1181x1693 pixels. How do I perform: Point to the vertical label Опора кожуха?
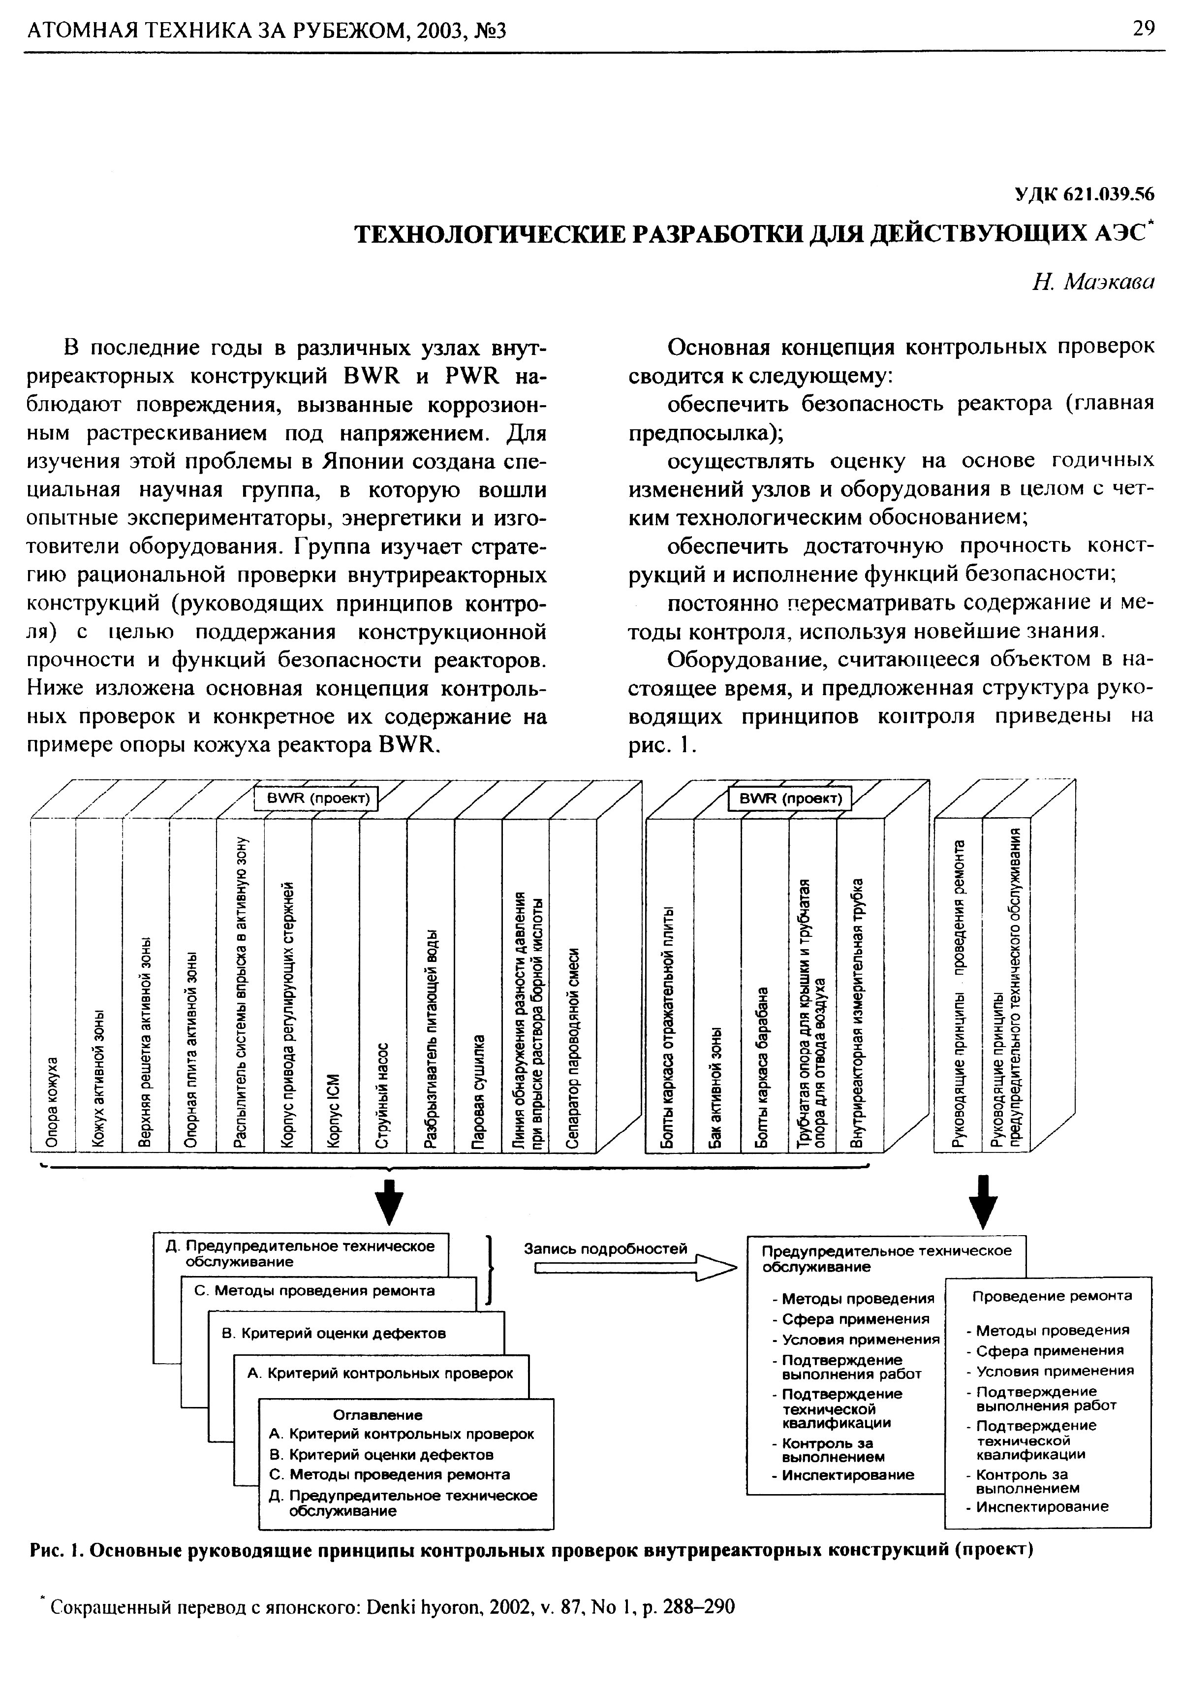pos(52,1102)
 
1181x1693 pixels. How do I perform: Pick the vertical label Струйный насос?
pos(382,1095)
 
